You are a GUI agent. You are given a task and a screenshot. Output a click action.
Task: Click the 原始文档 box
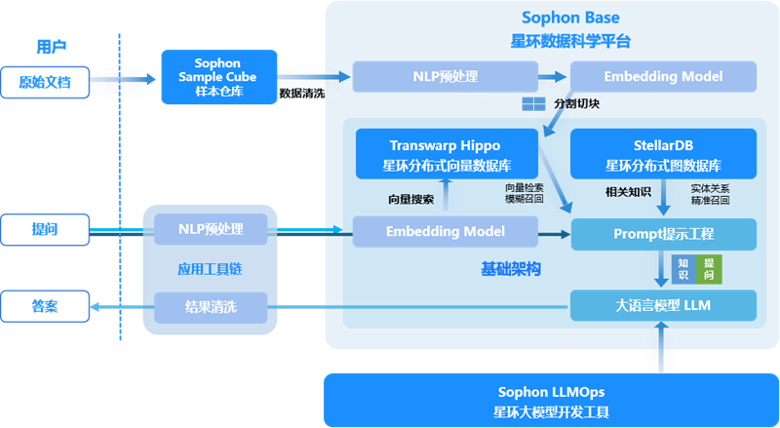pyautogui.click(x=45, y=82)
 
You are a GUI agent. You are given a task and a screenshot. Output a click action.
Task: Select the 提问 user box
pyautogui.click(x=45, y=229)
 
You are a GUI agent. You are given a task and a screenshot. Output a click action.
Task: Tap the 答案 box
pyautogui.click(x=45, y=306)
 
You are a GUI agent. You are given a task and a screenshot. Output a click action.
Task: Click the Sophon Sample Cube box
pyautogui.click(x=218, y=77)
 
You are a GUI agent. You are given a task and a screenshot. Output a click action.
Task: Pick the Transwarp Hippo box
pyautogui.click(x=447, y=154)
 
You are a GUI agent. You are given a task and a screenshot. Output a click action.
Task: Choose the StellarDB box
pyautogui.click(x=663, y=154)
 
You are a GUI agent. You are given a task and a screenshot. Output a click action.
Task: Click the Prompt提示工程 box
pyautogui.click(x=663, y=234)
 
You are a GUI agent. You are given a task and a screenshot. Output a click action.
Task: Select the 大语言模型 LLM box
pyautogui.click(x=663, y=305)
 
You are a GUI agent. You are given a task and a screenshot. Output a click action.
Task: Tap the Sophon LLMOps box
pyautogui.click(x=551, y=400)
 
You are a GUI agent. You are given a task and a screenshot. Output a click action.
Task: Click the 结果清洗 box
pyautogui.click(x=211, y=307)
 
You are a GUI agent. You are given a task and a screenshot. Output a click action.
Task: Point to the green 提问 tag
pyautogui.click(x=709, y=270)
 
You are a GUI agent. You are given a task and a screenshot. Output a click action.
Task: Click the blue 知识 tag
pyautogui.click(x=683, y=270)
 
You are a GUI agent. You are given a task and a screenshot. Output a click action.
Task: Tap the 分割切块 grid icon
pyautogui.click(x=533, y=104)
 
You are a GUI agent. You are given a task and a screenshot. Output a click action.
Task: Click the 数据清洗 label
pyautogui.click(x=302, y=93)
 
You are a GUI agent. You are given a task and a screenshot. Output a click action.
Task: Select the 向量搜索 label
pyautogui.click(x=410, y=200)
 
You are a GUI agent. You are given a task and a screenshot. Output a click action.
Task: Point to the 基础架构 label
pyautogui.click(x=510, y=269)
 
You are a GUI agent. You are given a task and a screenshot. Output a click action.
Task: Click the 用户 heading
pyautogui.click(x=52, y=47)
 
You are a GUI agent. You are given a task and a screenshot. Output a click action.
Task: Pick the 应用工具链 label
pyautogui.click(x=210, y=269)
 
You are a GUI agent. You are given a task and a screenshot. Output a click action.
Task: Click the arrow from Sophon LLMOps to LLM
pyautogui.click(x=661, y=347)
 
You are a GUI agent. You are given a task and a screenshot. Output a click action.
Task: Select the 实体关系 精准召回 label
pyautogui.click(x=710, y=195)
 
